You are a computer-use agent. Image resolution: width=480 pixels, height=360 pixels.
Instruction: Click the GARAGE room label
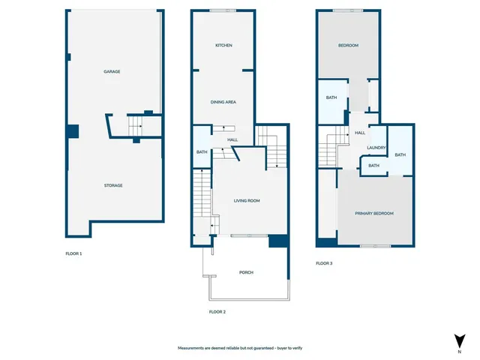[112, 72]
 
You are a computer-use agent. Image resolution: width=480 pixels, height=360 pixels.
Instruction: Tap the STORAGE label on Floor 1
[113, 185]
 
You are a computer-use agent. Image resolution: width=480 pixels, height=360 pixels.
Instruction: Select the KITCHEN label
[223, 46]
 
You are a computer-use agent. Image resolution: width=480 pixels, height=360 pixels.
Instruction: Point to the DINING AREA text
[223, 101]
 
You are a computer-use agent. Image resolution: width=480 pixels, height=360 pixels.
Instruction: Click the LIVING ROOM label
[247, 200]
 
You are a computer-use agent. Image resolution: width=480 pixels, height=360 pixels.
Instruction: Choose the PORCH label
[246, 272]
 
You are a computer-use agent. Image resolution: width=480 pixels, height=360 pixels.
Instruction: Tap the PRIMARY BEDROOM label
[374, 214]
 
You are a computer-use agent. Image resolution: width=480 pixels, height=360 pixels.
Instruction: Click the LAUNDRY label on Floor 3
[376, 148]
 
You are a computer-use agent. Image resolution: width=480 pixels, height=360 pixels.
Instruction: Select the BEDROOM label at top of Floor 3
[348, 46]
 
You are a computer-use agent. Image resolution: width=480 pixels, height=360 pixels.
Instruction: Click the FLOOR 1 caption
[73, 254]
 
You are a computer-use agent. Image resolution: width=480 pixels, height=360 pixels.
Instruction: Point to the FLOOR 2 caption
[217, 311]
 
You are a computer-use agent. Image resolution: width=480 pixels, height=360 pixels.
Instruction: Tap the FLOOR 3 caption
[323, 263]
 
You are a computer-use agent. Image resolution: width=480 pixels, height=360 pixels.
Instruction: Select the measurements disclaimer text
[239, 349]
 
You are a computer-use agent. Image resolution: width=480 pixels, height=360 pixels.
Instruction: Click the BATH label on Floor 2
[202, 153]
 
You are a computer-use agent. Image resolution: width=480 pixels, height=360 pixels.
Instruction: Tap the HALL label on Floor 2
[233, 139]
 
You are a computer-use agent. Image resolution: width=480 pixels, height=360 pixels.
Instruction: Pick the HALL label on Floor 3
[360, 133]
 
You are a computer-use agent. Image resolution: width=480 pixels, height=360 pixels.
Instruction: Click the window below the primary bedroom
[374, 246]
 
